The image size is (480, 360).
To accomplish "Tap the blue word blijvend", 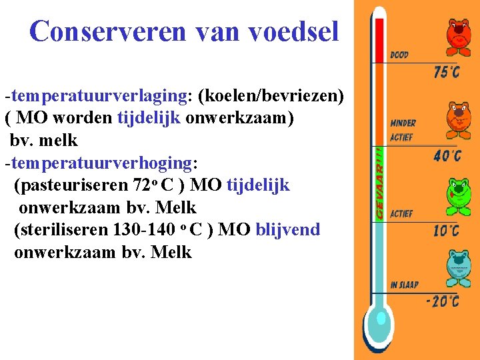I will (288, 230).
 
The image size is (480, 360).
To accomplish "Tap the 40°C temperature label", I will (446, 157).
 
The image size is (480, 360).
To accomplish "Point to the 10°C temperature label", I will (446, 231).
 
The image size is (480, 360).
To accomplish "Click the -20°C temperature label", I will (442, 301).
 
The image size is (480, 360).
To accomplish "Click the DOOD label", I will (399, 55).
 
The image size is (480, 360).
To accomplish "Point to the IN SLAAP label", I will (404, 285).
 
